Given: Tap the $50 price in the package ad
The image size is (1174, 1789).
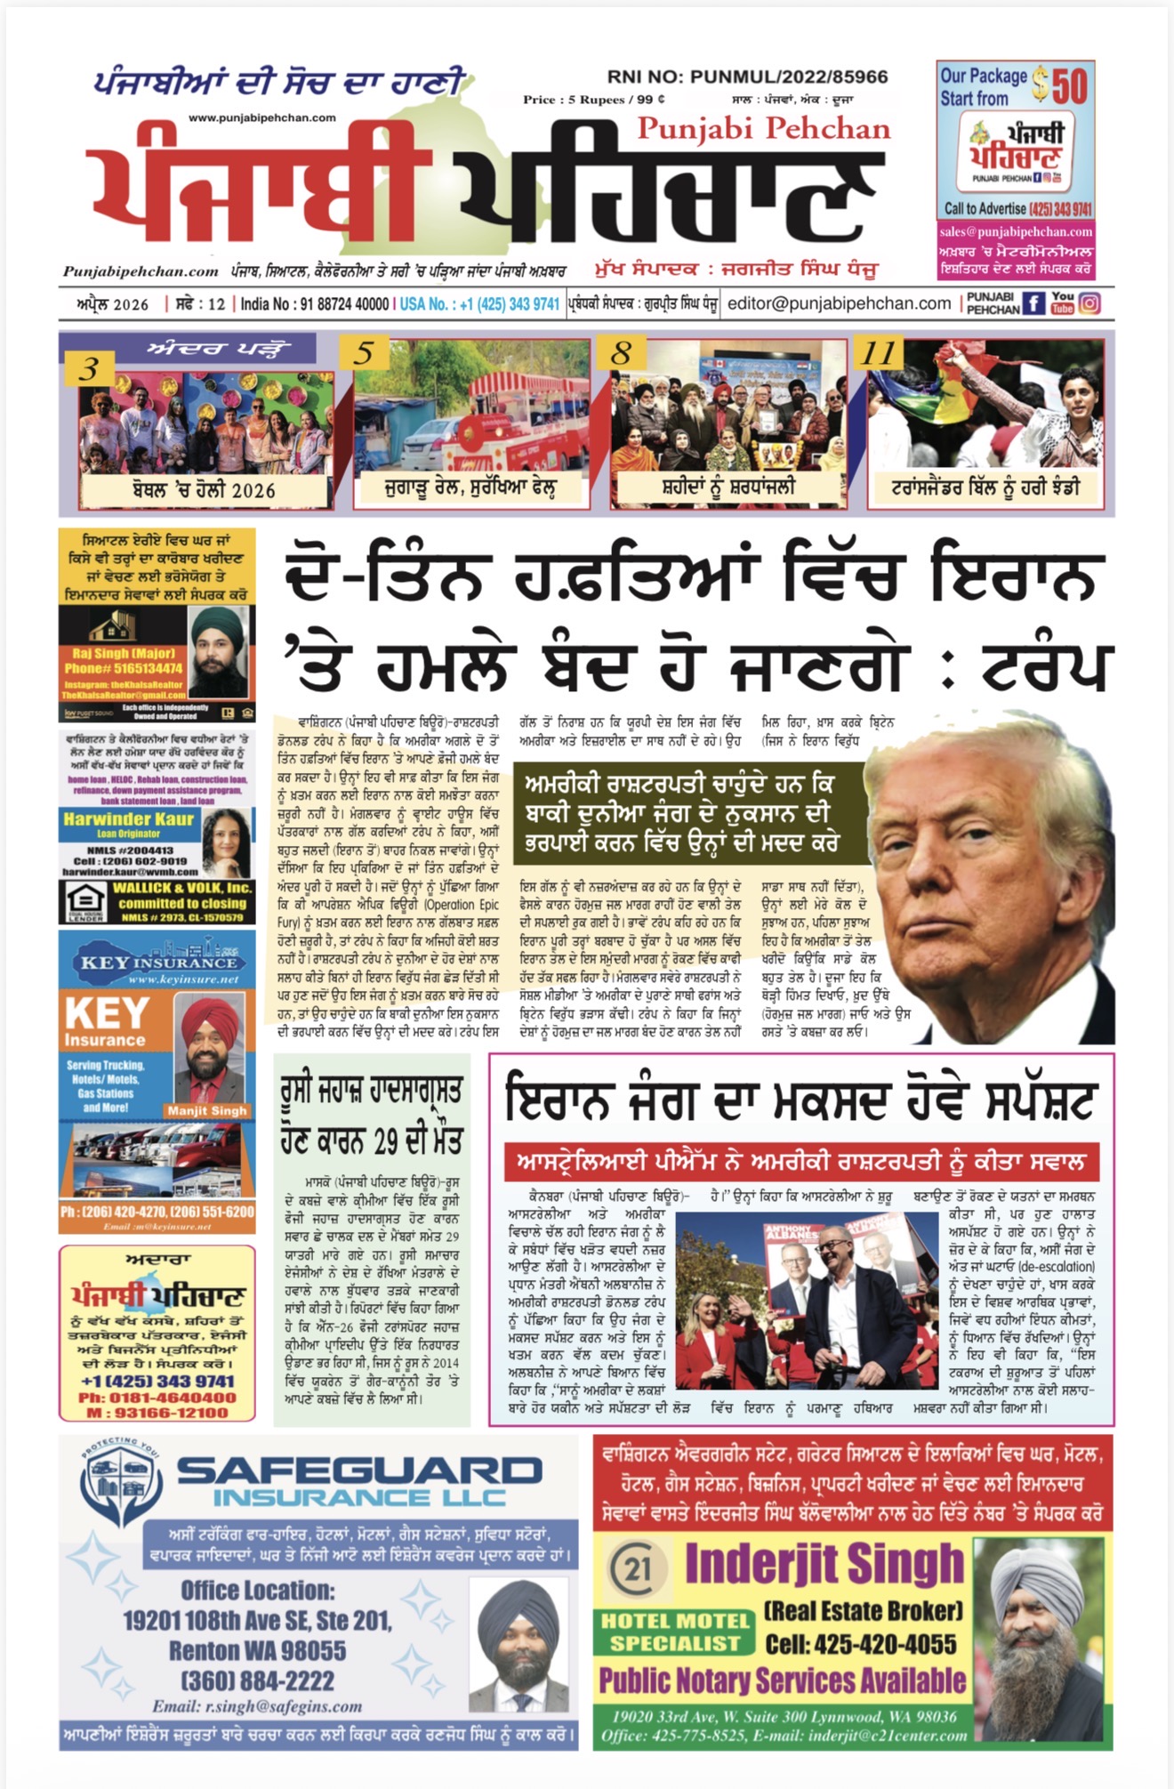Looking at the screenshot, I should click(x=1060, y=86).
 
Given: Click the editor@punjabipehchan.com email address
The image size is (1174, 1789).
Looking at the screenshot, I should click(x=839, y=303).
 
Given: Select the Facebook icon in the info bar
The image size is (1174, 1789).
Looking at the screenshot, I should click(x=1033, y=303).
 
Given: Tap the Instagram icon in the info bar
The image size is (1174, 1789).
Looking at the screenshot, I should click(x=1090, y=303).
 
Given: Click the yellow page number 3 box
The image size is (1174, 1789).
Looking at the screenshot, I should click(x=90, y=368).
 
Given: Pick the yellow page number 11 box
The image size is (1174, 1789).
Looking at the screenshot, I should click(x=879, y=353).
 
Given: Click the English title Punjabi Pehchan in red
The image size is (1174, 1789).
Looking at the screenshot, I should click(x=763, y=130).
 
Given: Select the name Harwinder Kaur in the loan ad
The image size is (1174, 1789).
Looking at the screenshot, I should click(x=128, y=819).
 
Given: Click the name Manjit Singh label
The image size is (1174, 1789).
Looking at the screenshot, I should click(x=206, y=1110).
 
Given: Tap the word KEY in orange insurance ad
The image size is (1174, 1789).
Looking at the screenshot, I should click(x=107, y=1013).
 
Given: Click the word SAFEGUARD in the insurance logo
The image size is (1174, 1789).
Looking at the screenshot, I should click(x=359, y=1471).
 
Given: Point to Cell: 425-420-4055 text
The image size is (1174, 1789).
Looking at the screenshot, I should click(x=861, y=1643).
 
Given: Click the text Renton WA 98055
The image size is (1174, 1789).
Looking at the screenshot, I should click(x=258, y=1650).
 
